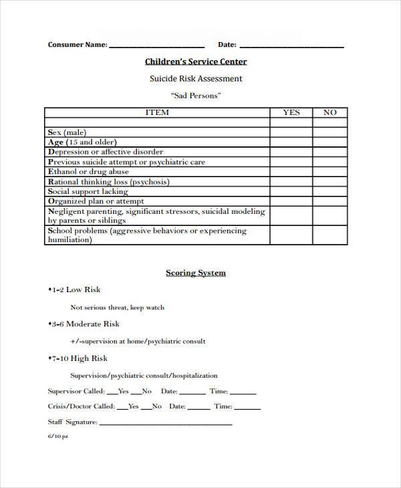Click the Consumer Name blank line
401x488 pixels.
coord(156,46)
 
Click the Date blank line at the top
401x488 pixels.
coord(291,46)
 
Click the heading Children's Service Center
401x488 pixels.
coord(196,62)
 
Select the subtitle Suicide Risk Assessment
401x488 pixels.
coord(195,79)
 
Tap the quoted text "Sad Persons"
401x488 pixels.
coord(196,96)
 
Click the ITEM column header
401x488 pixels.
coord(157,113)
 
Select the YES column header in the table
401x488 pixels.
coord(291,113)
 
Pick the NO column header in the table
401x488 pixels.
coord(330,113)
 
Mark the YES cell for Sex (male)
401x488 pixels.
coord(291,132)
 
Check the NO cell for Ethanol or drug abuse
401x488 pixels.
coord(330,172)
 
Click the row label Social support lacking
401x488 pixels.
coord(88,191)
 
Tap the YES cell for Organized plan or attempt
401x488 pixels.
coord(291,201)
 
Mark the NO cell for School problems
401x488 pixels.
coord(330,235)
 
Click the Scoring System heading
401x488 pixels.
coord(196,273)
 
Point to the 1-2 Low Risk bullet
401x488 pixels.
coord(74,289)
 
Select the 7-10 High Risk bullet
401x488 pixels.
coord(78,358)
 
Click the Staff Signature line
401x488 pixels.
coord(165,423)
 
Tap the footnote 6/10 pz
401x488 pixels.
coord(57,436)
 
